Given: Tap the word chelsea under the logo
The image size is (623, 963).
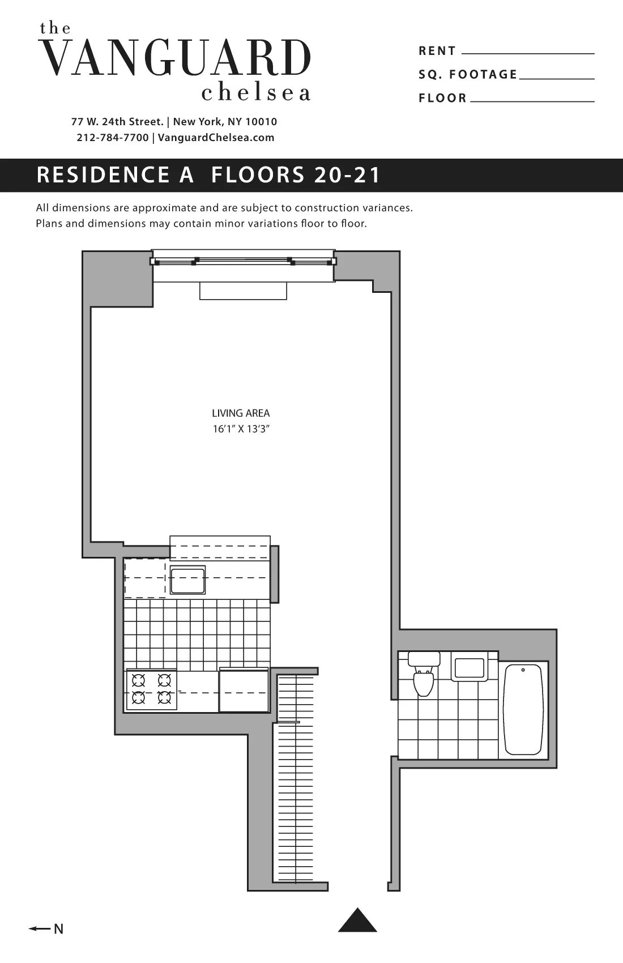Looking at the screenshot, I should pos(256,92).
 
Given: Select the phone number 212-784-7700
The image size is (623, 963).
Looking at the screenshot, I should pos(113,138).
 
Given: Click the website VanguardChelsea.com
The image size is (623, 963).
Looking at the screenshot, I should pos(216,138).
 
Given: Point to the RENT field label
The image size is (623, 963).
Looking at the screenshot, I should pos(437,51).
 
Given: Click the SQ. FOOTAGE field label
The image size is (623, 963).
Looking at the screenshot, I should pos(468,75).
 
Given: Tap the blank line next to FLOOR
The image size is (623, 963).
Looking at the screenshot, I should pos(532,101).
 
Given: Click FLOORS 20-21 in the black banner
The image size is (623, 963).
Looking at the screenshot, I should pos(296,175).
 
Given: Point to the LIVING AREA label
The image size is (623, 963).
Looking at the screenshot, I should pos(241,414).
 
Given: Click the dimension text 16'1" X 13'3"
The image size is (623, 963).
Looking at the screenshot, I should pos(241,429).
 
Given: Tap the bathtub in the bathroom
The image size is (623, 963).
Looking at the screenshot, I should pos(523,710).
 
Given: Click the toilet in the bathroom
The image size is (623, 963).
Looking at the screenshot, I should pos(423,677).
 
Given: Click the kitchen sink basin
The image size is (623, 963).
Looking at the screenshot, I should pos(188,579).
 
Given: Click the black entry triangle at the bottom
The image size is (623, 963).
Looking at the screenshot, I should pos(357,921).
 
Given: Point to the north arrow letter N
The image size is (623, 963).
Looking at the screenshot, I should pos(58,929).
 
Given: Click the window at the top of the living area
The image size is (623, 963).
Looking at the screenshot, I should pos(243,262).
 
